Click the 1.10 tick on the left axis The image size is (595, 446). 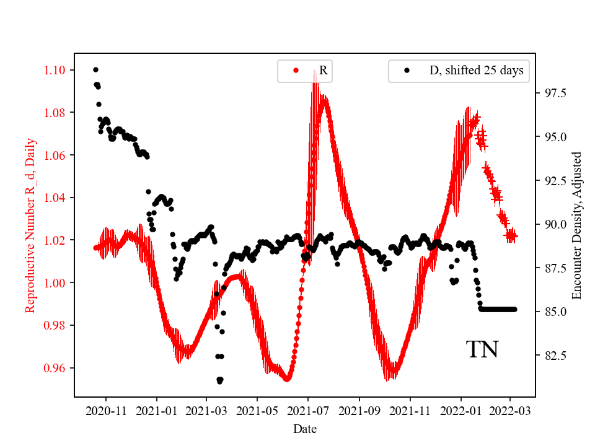tap(57, 70)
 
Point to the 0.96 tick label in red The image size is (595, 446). tap(57, 368)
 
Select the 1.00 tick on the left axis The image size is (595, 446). tap(57, 283)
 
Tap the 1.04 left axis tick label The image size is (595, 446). tap(57, 198)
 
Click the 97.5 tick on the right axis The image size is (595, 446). tap(555, 93)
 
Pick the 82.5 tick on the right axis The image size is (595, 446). tap(555, 356)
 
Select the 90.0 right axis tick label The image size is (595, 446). tap(555, 224)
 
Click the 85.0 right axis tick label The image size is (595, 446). tap(555, 312)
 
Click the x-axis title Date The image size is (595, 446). tap(306, 429)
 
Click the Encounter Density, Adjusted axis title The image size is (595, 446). tap(577, 225)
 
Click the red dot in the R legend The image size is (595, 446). tap(296, 71)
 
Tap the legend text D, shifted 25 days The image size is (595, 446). tap(477, 71)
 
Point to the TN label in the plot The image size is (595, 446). tap(482, 350)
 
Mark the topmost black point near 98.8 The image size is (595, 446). tap(95, 69)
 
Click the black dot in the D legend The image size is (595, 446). tap(407, 71)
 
